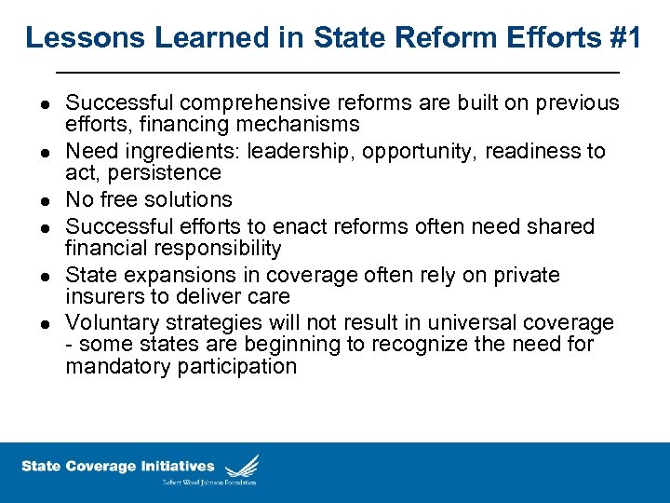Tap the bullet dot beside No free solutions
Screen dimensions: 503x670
(x=45, y=200)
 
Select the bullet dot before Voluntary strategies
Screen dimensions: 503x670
(x=45, y=324)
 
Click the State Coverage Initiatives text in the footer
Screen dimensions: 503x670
(x=117, y=467)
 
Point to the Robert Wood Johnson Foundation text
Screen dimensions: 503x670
(x=210, y=482)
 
